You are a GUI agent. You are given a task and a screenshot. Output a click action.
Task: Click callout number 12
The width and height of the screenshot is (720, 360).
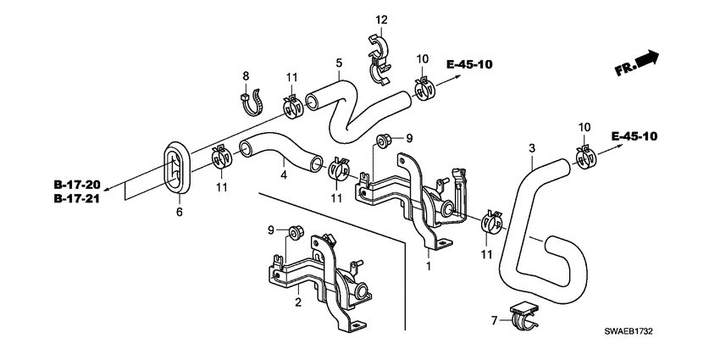(x=381, y=19)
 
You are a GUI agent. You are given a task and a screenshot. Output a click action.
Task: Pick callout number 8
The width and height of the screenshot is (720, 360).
(x=246, y=76)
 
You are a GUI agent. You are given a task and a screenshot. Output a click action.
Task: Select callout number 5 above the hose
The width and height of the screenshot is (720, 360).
(x=339, y=63)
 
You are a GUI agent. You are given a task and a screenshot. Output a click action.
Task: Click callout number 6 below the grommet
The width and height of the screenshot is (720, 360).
(x=180, y=212)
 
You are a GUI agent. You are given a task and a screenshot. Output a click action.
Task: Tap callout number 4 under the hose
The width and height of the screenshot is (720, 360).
(x=285, y=176)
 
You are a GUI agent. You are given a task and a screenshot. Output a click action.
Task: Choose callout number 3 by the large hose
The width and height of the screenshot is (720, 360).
(x=532, y=149)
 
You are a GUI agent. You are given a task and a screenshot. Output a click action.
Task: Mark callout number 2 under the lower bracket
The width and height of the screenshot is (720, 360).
(x=298, y=302)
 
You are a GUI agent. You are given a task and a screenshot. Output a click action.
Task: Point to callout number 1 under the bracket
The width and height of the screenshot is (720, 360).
(x=429, y=266)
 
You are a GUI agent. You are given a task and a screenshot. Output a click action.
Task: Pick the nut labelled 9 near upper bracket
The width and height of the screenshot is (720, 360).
(x=382, y=141)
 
